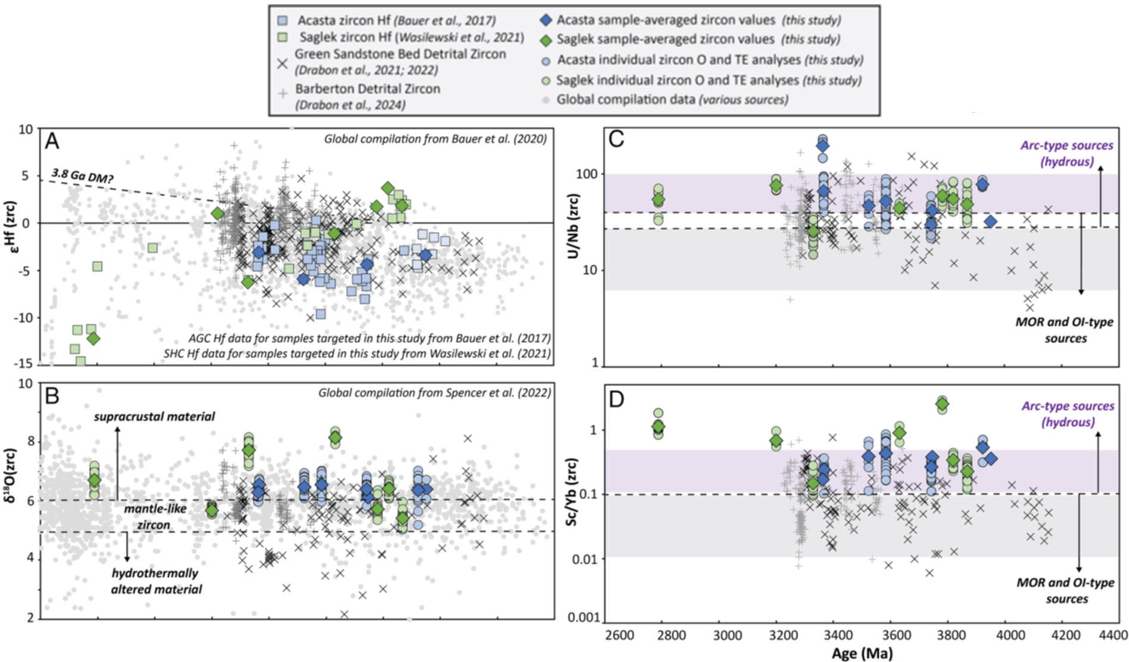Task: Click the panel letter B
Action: tap(52, 396)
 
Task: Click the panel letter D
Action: tap(616, 399)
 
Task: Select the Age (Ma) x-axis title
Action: tap(862, 653)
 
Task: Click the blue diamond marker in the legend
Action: tap(544, 20)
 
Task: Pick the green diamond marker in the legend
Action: tap(544, 39)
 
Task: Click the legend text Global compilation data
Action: tap(626, 100)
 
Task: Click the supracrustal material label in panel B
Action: tap(154, 417)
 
